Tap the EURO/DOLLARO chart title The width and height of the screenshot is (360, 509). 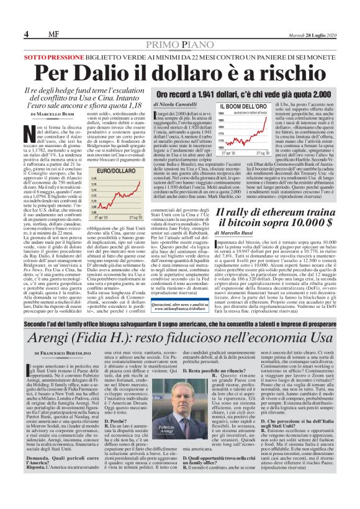tap(111, 170)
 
